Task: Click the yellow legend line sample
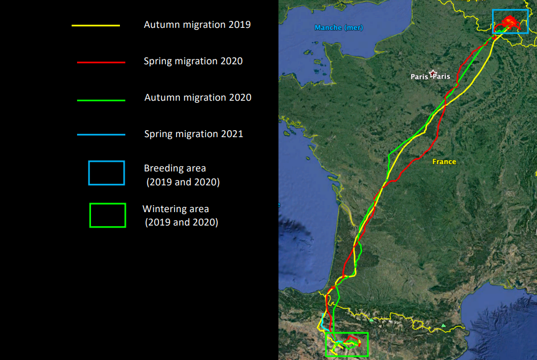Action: [x=95, y=25]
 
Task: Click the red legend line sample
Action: [x=101, y=62]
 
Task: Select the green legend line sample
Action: [x=101, y=100]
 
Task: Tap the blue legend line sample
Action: [x=101, y=134]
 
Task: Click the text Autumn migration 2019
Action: [x=197, y=25]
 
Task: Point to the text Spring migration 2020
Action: [x=193, y=61]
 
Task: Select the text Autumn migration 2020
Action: [x=198, y=97]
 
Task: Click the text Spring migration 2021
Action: [x=193, y=133]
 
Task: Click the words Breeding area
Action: [x=175, y=168]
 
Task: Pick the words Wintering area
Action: [x=176, y=209]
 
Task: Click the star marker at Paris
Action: [x=433, y=73]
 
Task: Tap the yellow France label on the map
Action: [x=444, y=162]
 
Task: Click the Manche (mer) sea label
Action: [x=339, y=28]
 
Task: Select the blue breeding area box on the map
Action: [x=510, y=10]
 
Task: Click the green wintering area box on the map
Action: [x=346, y=333]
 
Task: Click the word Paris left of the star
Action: [x=419, y=77]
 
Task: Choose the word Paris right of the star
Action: [x=442, y=77]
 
